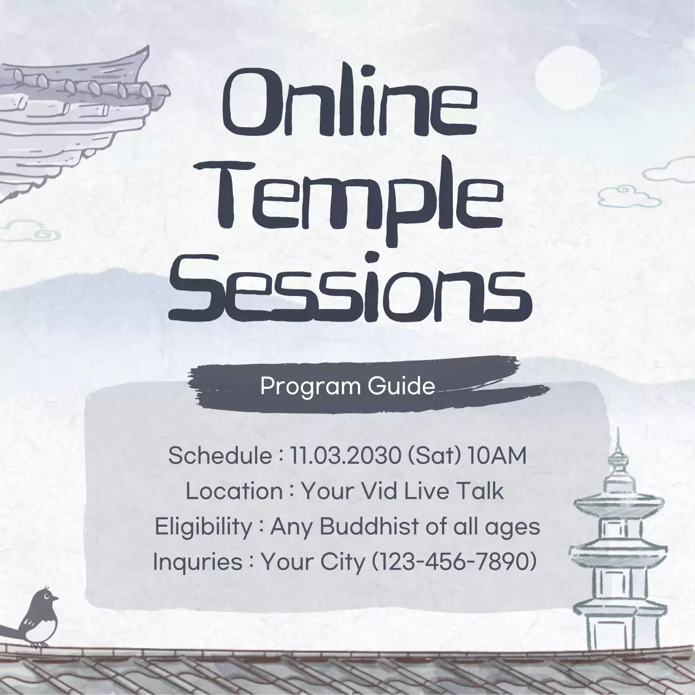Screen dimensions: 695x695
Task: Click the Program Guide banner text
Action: click(347, 386)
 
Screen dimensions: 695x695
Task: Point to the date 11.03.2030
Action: click(345, 456)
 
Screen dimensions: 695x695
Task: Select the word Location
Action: click(234, 491)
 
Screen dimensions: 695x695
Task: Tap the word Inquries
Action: click(198, 561)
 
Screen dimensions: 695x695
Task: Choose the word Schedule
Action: click(219, 456)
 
